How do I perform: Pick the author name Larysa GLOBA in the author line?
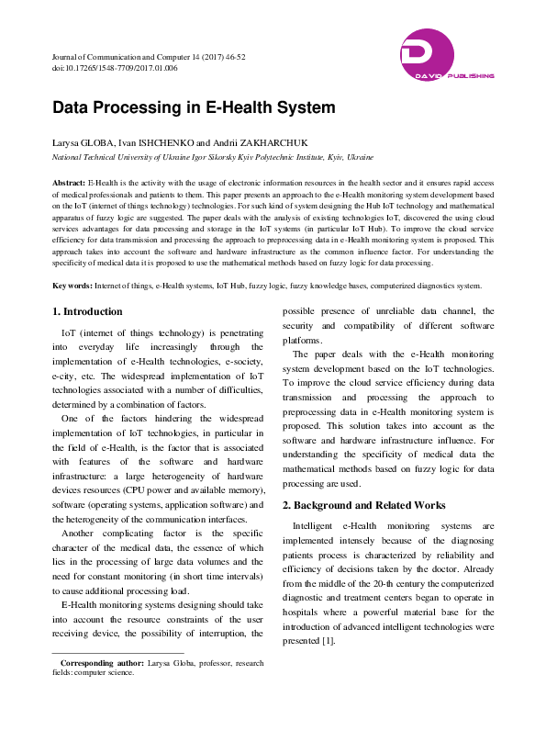coord(83,144)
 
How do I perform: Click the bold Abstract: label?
coord(69,184)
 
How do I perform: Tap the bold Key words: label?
coord(72,287)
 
